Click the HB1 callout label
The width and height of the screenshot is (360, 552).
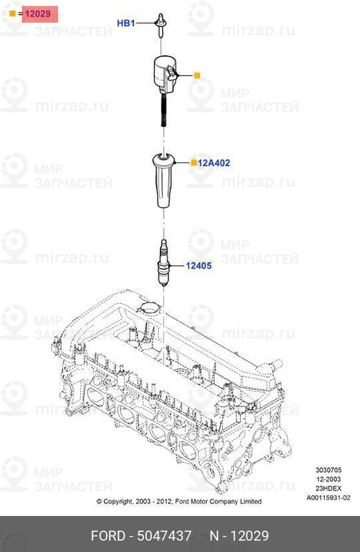[x=126, y=23]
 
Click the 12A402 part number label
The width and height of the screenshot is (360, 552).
[x=214, y=164]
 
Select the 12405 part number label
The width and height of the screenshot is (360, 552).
[x=199, y=265]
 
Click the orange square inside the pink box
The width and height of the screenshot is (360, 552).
[x=12, y=13]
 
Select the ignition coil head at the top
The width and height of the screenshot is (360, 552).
[x=166, y=74]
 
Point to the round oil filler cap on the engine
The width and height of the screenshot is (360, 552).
[x=147, y=308]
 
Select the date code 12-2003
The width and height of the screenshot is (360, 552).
[x=330, y=480]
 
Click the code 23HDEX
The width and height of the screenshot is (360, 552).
[x=330, y=489]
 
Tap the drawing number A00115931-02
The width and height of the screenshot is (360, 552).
[x=328, y=497]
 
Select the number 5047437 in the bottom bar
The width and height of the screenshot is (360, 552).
[x=166, y=535]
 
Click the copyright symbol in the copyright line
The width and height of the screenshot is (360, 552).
[x=99, y=502]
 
